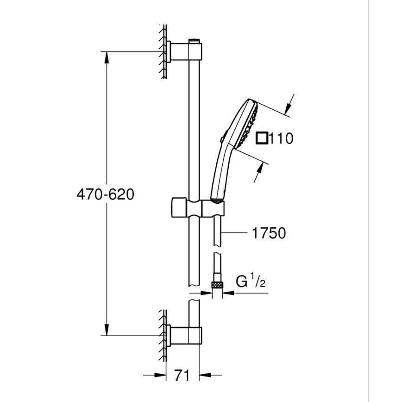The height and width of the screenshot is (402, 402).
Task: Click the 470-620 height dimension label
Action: (x=105, y=194)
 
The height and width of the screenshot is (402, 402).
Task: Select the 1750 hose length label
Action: (x=269, y=233)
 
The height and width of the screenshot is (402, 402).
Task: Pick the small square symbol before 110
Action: (x=262, y=138)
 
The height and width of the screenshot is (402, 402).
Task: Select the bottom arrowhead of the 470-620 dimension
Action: (x=107, y=330)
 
